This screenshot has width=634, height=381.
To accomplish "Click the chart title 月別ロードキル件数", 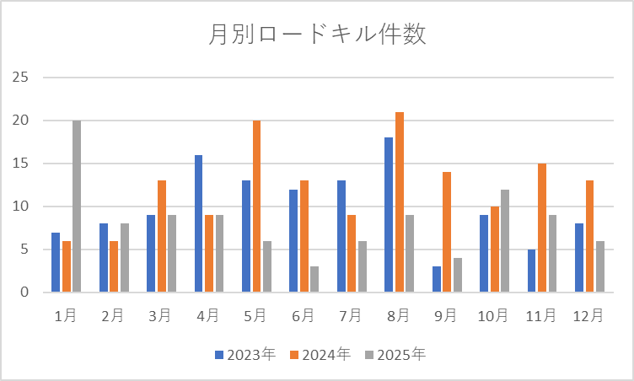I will point(317,35).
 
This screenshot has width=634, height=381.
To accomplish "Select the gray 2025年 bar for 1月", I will point(77,207).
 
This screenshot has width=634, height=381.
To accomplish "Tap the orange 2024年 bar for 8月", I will point(400,202).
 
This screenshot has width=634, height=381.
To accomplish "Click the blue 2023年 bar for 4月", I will point(198,223).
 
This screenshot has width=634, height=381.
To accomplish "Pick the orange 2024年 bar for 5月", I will point(256,207).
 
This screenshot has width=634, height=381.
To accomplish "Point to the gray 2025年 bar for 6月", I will point(314,279).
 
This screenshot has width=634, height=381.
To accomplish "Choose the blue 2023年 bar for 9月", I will point(437,279).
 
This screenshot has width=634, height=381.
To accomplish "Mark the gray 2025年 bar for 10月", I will point(505,241).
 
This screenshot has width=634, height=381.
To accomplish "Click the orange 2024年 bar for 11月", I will point(543,228).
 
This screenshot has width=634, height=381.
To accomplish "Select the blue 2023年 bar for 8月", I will point(389,215).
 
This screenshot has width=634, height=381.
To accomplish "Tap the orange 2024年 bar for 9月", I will point(447,232).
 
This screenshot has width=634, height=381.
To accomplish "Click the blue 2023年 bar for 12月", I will point(580,258).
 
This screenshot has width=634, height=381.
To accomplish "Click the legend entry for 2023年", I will point(245,355).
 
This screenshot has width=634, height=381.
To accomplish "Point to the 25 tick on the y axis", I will point(20,78).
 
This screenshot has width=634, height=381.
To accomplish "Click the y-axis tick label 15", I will point(20,164).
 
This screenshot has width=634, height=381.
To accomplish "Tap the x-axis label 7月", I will point(352,315).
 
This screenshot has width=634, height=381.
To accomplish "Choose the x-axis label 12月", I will point(588,315).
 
